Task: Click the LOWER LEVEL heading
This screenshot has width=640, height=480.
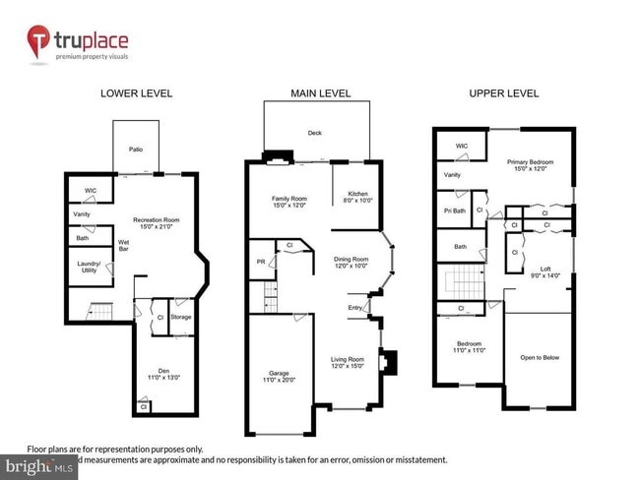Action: [x=137, y=93]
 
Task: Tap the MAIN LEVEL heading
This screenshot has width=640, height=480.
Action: [x=317, y=93]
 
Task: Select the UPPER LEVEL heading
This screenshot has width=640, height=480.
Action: [x=503, y=93]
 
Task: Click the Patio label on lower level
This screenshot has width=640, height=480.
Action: [x=136, y=150]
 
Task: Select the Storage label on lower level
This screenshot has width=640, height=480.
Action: [x=180, y=317]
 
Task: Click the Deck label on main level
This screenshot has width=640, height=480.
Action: [x=315, y=132]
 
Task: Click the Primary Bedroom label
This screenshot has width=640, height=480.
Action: [x=531, y=164]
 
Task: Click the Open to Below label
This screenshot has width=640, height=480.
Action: [x=540, y=357]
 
